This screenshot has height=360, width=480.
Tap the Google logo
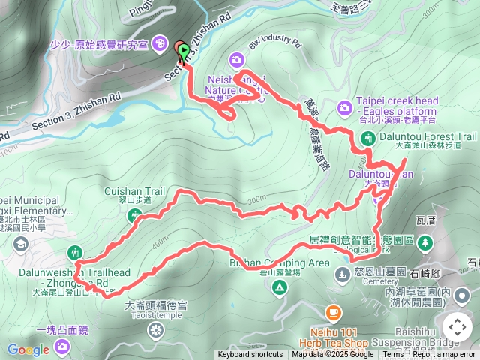coord(28,349)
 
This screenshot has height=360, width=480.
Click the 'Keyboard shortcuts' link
coord(250,355)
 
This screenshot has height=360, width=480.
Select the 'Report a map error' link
coord(445,355)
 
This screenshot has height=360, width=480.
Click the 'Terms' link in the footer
coord(392,355)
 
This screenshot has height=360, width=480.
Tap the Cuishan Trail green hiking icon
coord(136,216)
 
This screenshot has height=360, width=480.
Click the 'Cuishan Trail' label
coord(129,191)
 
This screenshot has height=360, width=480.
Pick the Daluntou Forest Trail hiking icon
coord(368,138)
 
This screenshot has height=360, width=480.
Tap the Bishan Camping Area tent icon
coord(280,287)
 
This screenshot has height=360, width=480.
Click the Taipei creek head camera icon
coord(344,107)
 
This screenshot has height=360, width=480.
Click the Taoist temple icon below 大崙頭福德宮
coord(155,330)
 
